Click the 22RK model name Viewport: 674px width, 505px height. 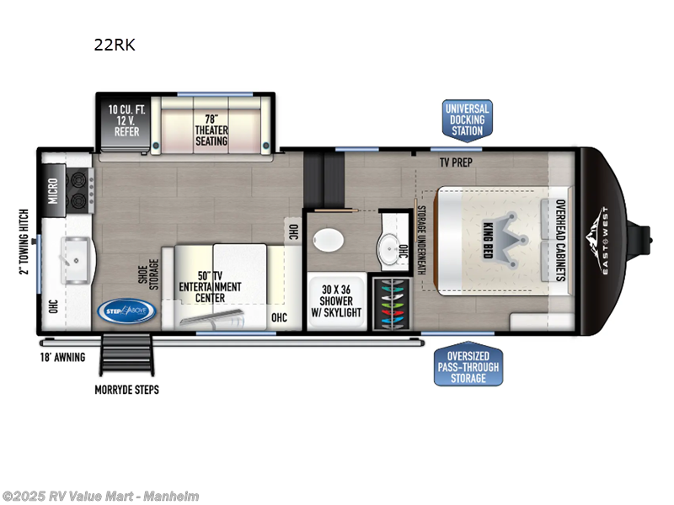click(115, 45)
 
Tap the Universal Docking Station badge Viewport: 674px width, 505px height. click(467, 120)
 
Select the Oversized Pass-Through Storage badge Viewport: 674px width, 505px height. click(467, 367)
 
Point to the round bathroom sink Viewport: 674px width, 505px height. click(389, 246)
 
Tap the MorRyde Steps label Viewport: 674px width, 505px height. click(126, 390)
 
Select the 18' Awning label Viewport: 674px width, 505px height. click(62, 357)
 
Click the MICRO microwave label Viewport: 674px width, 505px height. click(51, 190)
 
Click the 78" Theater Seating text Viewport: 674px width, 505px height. click(211, 130)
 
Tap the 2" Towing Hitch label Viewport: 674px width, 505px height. click(24, 241)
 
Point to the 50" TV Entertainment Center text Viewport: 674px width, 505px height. click(211, 287)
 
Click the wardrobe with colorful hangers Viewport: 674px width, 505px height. click(390, 301)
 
